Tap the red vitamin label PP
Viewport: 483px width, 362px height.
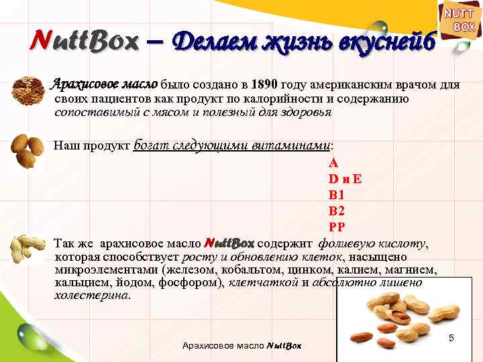pos(336,226)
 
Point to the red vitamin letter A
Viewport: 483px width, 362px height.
pos(333,164)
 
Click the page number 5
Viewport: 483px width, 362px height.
pos(451,339)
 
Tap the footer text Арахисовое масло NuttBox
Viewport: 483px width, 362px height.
pos(241,346)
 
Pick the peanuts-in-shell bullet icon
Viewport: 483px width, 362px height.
pos(30,249)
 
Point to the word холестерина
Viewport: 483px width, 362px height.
pos(92,295)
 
